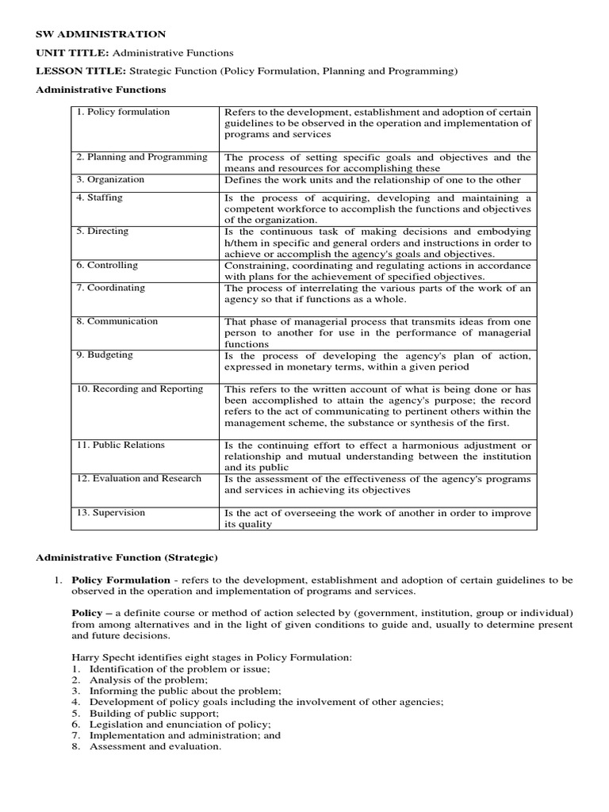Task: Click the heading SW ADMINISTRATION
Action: [101, 34]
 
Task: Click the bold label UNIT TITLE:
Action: [74, 52]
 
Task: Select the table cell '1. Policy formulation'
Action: [123, 112]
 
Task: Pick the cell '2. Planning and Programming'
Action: [142, 157]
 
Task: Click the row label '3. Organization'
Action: [110, 179]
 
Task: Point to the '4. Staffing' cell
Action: [99, 197]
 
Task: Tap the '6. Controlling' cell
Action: [107, 265]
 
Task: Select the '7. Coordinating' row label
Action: [110, 288]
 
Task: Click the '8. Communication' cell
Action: [117, 321]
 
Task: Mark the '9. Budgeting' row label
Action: [103, 355]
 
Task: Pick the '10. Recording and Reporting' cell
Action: [140, 389]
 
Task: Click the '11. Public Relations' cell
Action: [121, 445]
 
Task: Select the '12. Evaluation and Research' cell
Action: [139, 478]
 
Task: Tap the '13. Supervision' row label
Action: [110, 512]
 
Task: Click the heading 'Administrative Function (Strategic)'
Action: [127, 557]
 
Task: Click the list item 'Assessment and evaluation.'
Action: [155, 746]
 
